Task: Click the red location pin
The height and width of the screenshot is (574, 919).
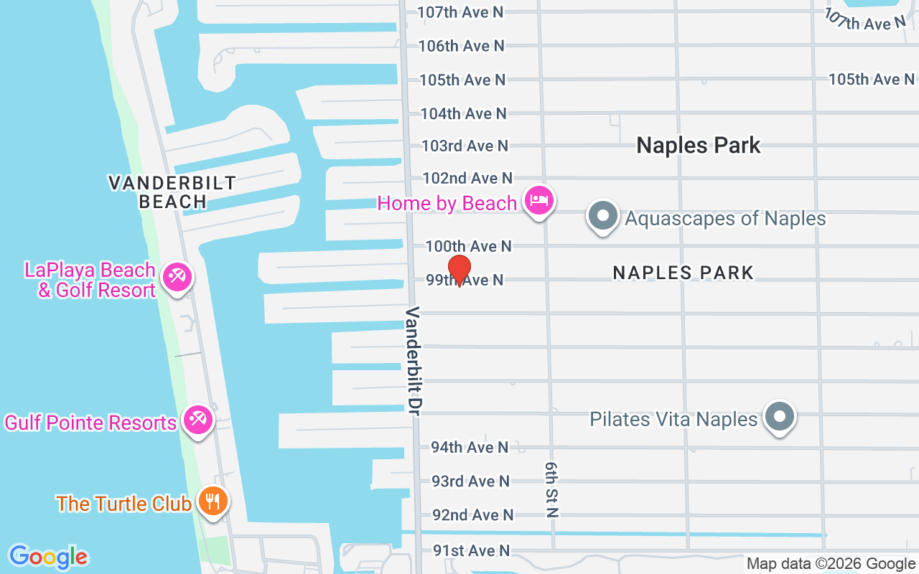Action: point(459,270)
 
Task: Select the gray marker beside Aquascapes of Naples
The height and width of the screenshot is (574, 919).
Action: point(603,215)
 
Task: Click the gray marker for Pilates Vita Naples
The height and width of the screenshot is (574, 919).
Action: point(778,416)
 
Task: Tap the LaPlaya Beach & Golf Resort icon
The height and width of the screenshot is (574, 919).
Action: point(176,277)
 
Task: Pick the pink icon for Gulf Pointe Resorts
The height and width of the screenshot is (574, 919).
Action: point(197,420)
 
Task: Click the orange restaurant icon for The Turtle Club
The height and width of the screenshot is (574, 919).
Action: point(213,501)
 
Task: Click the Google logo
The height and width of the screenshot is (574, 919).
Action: point(48,557)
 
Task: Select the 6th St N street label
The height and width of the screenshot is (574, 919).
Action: point(551,489)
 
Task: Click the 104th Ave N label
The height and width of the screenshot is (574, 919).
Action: point(464,113)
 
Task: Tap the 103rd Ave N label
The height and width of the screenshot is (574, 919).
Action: point(465,146)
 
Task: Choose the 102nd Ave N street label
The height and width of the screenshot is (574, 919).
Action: point(467,178)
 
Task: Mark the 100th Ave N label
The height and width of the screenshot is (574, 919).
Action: point(468,246)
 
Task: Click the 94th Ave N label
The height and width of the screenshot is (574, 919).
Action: point(470,447)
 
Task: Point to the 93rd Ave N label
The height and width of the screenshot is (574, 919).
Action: point(470,481)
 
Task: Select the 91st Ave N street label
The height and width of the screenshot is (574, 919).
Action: point(471,550)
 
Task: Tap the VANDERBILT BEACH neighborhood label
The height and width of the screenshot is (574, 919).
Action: point(172,192)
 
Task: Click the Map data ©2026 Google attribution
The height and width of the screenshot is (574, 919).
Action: point(831,564)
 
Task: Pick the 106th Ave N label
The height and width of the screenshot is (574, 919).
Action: point(462,46)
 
